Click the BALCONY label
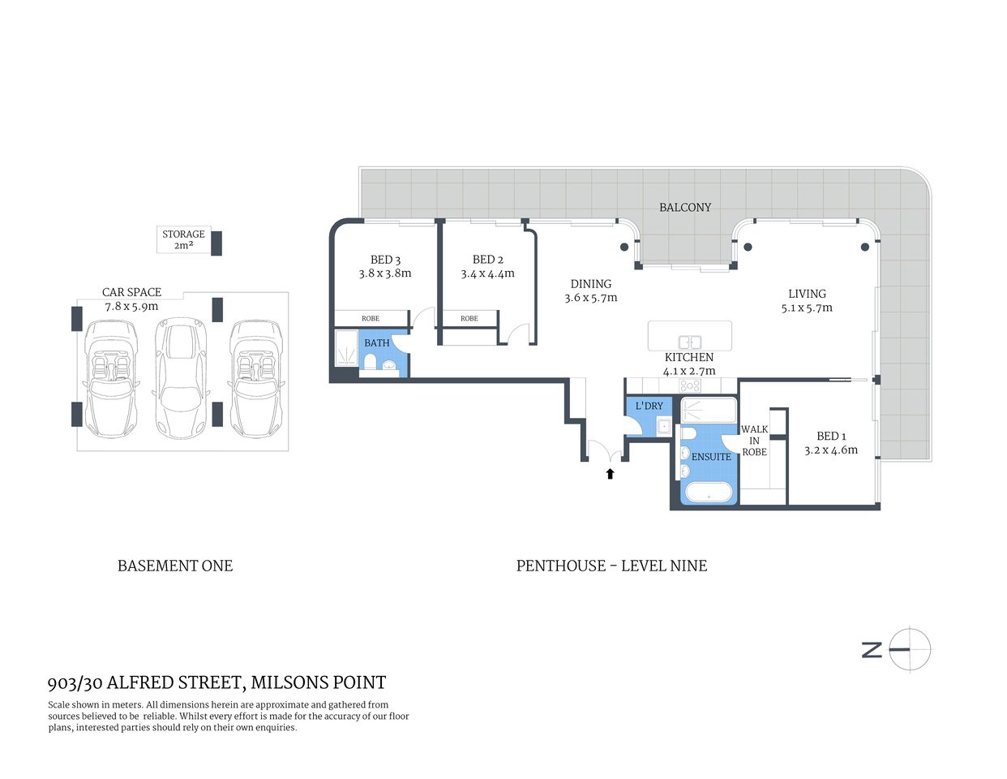point(685,208)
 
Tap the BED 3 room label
point(385,260)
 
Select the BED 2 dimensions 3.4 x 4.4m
point(487,274)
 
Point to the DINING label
point(591,284)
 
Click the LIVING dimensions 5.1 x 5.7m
point(807,308)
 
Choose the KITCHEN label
point(689,357)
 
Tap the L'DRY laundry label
point(649,406)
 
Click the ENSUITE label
point(711,457)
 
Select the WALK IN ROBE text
point(754,441)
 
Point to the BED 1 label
point(831,436)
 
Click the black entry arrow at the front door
point(611,473)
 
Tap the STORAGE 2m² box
point(184,239)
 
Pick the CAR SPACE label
point(131,292)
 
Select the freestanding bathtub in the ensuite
point(709,492)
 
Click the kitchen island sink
point(690,342)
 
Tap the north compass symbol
point(909,649)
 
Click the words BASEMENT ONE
point(175,566)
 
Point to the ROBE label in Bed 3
point(371,319)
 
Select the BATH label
point(377,343)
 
